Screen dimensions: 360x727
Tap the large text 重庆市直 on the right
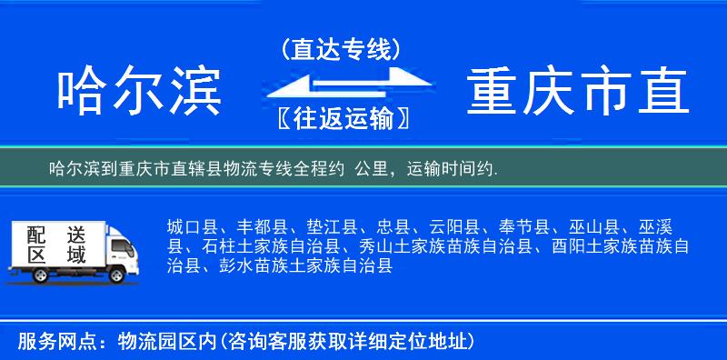pyautogui.click(x=578, y=92)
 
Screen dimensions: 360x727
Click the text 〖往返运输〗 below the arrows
pyautogui.click(x=341, y=118)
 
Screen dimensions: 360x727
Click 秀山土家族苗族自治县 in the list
pyautogui.click(x=448, y=247)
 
